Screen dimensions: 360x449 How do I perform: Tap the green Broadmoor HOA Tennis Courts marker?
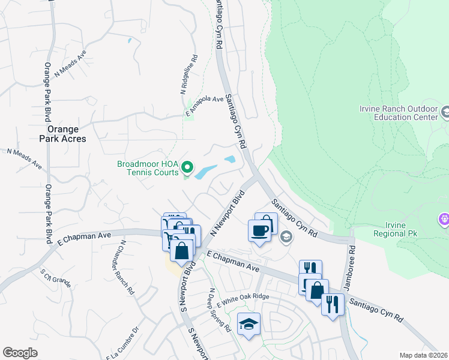187,167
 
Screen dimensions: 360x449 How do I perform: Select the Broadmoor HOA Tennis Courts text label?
148,168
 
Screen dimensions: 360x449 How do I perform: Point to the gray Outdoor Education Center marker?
445,112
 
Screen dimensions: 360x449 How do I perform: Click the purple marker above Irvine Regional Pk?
444,219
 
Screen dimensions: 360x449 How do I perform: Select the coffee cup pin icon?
259,231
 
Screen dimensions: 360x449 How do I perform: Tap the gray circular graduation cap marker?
286,236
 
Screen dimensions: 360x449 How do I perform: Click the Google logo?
20,353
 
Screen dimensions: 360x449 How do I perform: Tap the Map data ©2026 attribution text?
423,355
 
